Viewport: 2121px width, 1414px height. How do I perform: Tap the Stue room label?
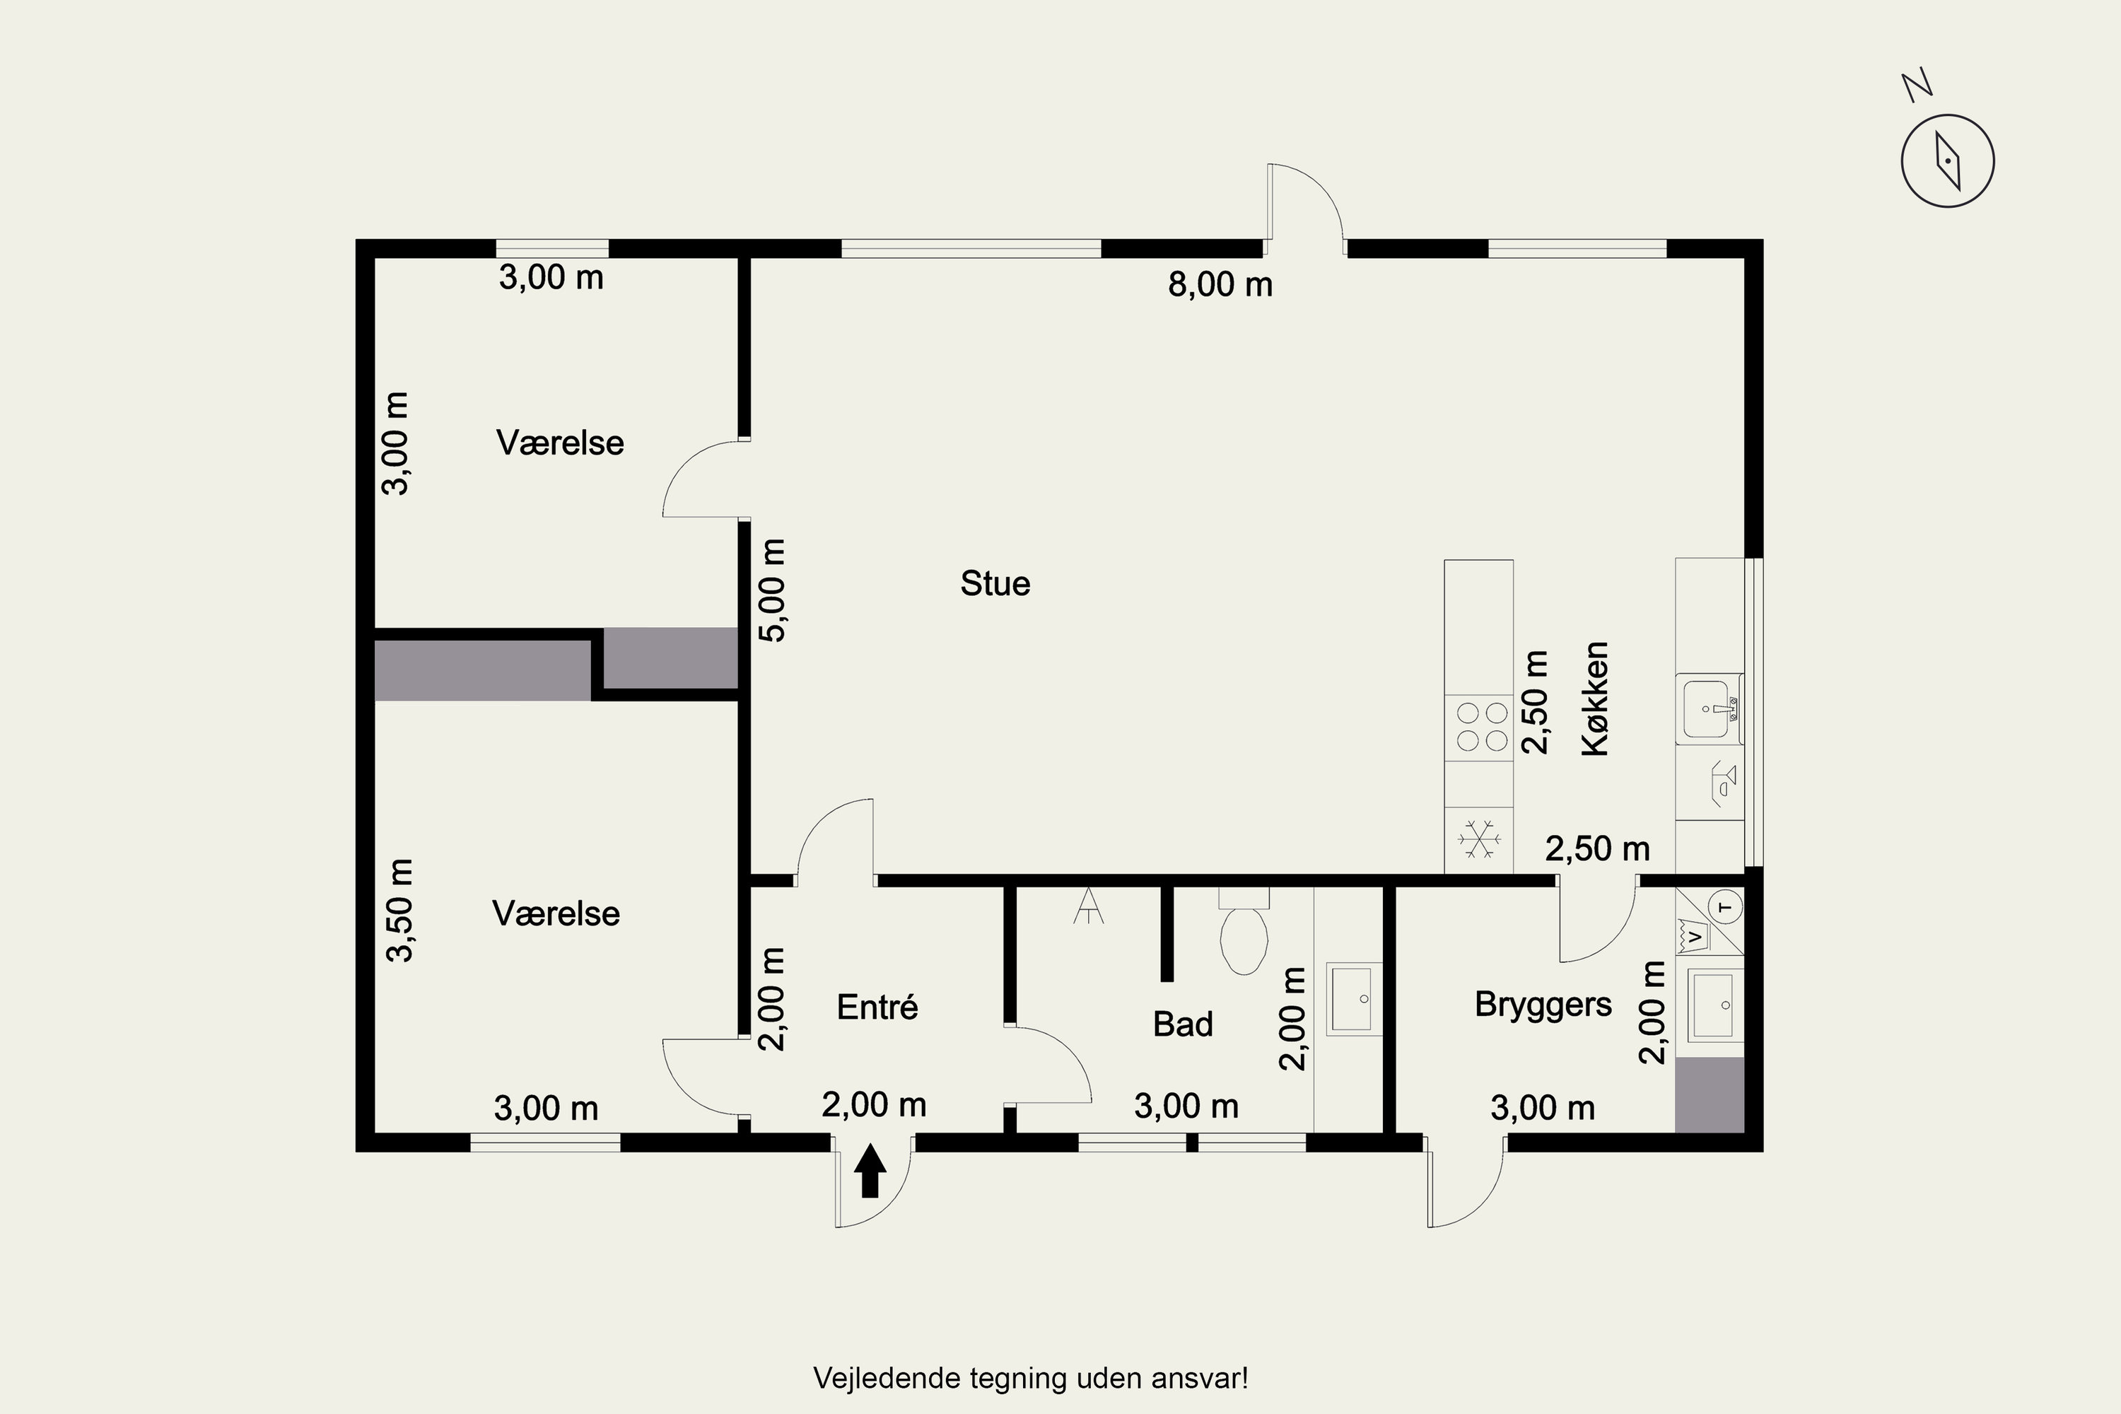click(995, 583)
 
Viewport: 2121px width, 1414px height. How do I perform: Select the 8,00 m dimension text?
click(1220, 285)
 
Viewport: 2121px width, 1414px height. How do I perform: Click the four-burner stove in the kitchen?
click(1478, 727)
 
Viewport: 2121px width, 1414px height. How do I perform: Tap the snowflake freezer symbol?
click(1479, 840)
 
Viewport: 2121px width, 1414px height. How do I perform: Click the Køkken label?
click(1595, 699)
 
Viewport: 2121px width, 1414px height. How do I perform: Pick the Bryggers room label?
click(1543, 1005)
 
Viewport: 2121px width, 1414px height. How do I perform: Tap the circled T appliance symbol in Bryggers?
click(1726, 906)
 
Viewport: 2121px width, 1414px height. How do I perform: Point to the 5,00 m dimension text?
click(773, 590)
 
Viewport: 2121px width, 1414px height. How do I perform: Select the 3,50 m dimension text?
click(399, 911)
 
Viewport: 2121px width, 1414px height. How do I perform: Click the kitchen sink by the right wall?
click(1709, 709)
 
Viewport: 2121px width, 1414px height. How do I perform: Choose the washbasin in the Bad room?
click(1355, 999)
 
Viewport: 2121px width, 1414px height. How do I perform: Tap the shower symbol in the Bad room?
click(1089, 906)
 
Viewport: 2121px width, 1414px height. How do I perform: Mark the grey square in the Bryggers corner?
click(1709, 1094)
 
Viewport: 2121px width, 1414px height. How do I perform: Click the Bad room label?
click(1182, 1024)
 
